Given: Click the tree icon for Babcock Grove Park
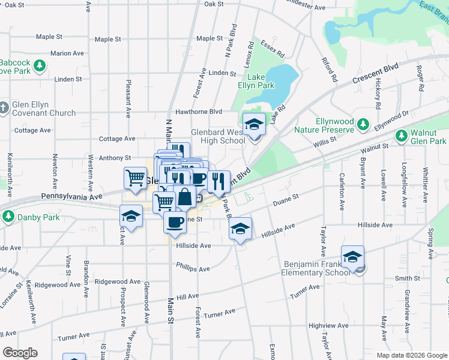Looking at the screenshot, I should coord(39,65).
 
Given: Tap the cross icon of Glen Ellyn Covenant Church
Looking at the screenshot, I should coord(4,108).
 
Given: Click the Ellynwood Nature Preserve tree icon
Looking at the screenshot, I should coord(363,125).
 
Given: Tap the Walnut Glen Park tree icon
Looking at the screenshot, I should coord(400,136).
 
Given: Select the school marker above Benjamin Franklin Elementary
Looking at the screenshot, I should coord(352,256).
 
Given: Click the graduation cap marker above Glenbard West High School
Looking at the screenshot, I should coord(254,124).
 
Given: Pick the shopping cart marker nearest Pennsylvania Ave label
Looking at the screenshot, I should coord(135,178).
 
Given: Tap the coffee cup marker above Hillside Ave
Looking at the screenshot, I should coord(175,222).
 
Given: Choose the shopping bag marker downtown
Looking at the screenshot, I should coord(185,197).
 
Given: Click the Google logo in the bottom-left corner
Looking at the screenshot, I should coord(20,353).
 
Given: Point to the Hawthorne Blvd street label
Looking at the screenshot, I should coord(199,112).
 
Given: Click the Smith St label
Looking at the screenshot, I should coord(407,278).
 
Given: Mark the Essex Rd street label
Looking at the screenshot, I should coord(272,49).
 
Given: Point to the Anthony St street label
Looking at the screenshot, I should coord(115,158).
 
